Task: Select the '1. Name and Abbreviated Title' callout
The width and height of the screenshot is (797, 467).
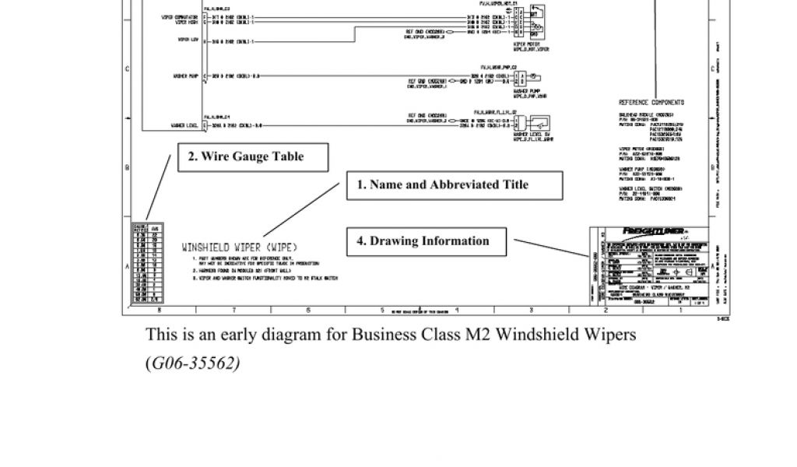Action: (x=454, y=185)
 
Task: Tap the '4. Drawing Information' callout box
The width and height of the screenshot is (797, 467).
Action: (x=427, y=241)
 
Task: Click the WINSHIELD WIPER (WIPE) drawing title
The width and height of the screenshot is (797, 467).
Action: (x=240, y=247)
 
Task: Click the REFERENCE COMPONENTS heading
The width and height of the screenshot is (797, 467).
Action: (x=651, y=102)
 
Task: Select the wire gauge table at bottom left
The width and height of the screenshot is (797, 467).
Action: (x=147, y=262)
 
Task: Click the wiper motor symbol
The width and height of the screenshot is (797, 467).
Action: (x=535, y=23)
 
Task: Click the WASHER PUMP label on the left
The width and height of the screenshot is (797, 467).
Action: (x=184, y=75)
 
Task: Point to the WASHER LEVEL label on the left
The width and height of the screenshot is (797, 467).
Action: (x=182, y=125)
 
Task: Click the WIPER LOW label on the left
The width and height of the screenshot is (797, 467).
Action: (x=187, y=39)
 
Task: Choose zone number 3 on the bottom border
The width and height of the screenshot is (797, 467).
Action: (x=531, y=310)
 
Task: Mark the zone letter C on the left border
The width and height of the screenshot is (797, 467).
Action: (x=127, y=68)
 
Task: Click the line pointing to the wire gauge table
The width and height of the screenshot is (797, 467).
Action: (x=159, y=187)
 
